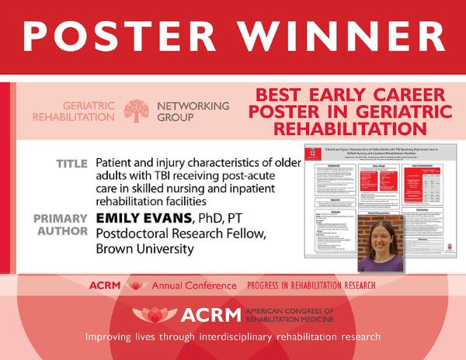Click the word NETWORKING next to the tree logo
pos(193,105)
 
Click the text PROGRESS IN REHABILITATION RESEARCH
pos(315,286)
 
